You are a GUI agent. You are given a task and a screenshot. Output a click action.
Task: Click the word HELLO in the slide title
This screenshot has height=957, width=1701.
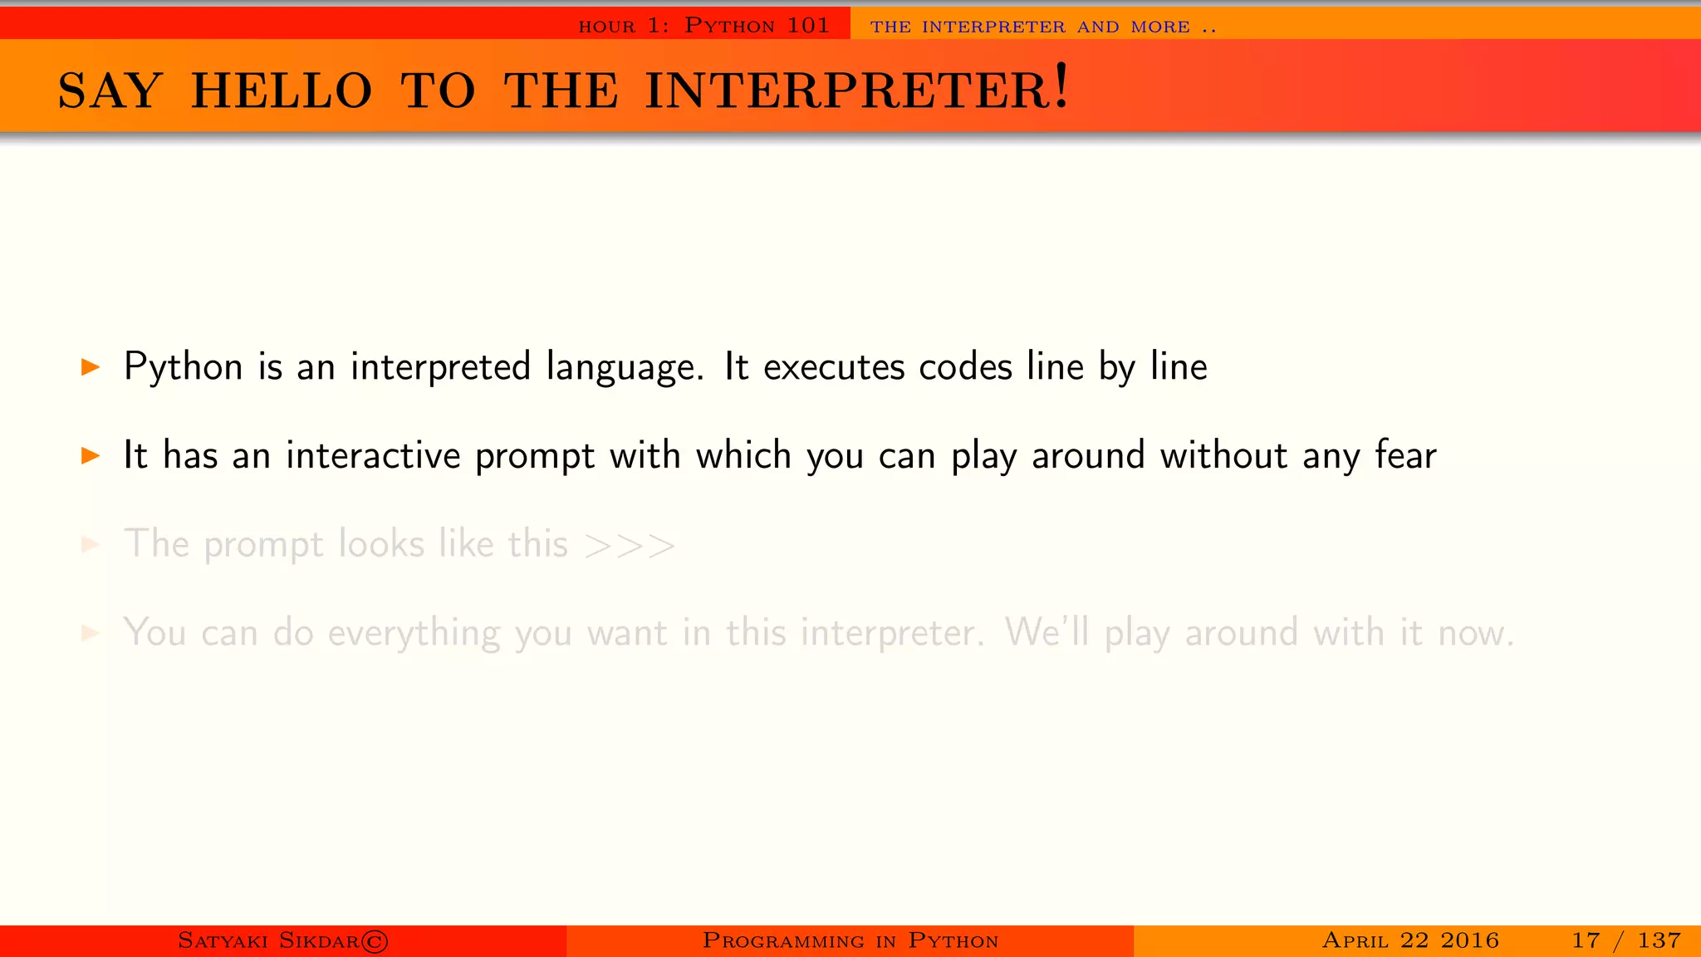click(282, 91)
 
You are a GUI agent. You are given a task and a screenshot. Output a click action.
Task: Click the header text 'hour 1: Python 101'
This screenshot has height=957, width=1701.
click(703, 26)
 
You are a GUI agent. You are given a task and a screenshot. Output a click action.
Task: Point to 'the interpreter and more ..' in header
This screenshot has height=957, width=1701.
click(1043, 27)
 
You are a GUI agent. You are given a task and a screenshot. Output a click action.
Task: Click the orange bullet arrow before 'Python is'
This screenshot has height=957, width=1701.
click(91, 366)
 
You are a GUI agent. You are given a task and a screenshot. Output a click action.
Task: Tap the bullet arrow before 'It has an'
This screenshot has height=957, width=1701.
click(91, 455)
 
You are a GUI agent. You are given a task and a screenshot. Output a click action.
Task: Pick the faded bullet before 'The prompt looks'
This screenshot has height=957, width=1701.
click(91, 544)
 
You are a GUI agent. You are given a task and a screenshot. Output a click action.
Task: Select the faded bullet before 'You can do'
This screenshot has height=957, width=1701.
click(91, 633)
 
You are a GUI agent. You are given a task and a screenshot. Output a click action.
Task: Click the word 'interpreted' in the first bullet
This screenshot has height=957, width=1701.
click(440, 367)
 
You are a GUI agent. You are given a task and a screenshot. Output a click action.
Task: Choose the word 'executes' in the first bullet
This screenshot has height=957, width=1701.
click(833, 367)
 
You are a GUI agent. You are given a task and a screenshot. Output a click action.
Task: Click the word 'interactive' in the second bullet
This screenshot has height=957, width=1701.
click(373, 455)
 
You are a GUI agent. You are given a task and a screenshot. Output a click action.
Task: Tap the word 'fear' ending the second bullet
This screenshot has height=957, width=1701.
click(1405, 455)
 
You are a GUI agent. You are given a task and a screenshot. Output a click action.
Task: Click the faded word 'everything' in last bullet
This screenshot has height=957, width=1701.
click(414, 634)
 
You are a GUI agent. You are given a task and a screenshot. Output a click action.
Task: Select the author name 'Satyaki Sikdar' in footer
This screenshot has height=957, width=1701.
click(268, 940)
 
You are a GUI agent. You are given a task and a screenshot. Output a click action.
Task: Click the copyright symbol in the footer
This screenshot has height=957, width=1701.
click(375, 941)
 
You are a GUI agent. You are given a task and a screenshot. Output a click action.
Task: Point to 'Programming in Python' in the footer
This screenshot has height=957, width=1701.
click(850, 940)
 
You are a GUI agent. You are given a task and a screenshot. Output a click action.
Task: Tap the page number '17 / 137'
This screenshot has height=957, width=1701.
click(1625, 940)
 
